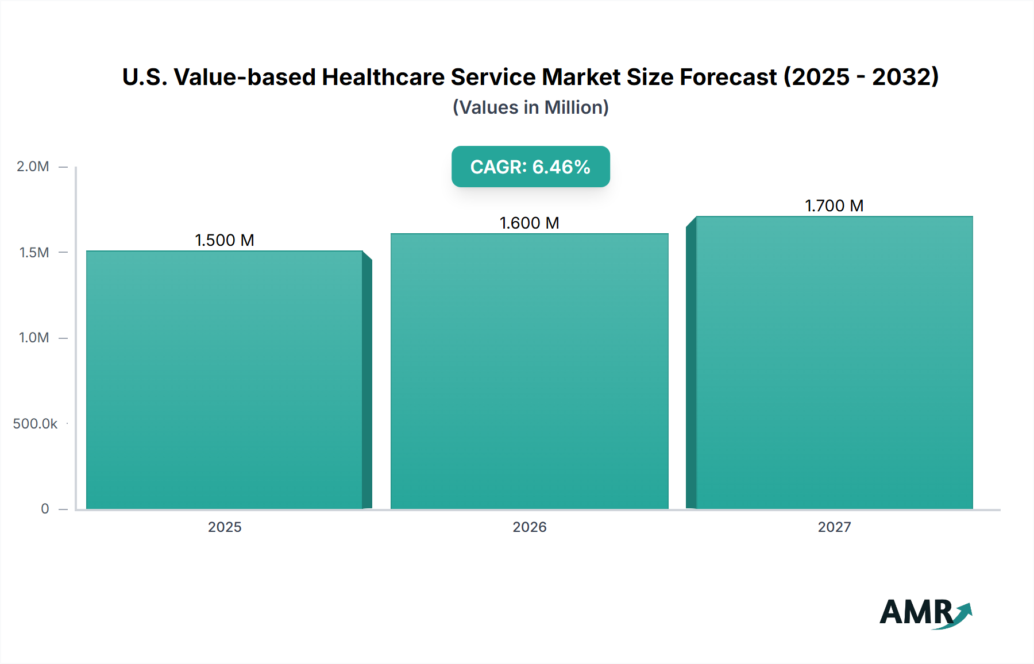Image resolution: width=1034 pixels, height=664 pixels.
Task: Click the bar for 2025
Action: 225,379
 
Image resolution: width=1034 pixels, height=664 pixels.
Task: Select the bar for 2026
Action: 529,371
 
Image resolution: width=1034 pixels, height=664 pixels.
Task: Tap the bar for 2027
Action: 834,362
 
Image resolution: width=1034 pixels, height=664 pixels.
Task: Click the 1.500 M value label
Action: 225,240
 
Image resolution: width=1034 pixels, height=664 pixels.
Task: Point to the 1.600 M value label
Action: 529,223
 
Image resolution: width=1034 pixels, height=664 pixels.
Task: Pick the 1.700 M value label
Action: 834,206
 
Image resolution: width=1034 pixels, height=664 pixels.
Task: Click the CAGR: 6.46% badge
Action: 530,167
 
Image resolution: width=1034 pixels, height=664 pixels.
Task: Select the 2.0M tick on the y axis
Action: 33,167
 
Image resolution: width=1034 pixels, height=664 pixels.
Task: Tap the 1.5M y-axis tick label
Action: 34,252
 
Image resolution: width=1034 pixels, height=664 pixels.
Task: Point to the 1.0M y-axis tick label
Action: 34,338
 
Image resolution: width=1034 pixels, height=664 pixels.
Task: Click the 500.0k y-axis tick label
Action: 35,423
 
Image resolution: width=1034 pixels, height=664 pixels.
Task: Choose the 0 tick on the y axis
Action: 45,509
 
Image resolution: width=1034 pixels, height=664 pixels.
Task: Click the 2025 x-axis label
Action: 225,527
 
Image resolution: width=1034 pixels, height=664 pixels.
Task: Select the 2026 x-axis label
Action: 529,527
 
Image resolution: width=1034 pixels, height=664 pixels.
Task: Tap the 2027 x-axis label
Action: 834,527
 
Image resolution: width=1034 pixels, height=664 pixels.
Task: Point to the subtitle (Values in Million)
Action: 530,107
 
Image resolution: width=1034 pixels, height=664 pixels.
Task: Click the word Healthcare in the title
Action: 383,77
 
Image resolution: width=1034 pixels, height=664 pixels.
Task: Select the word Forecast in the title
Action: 728,77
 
